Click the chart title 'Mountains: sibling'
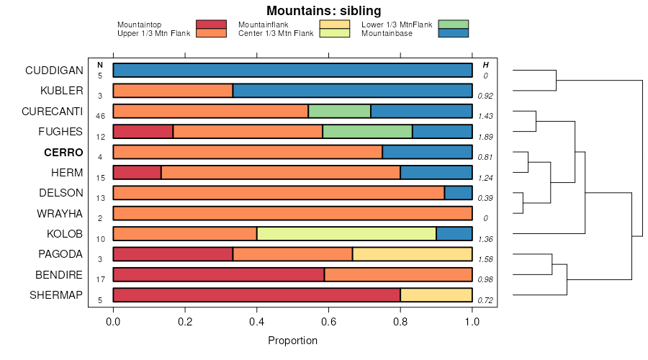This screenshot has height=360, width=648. coord(323,11)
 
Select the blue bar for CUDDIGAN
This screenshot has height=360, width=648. coord(292,71)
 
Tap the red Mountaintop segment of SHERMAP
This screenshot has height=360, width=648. coord(256,295)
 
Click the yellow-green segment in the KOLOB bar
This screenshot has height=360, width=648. coord(346,234)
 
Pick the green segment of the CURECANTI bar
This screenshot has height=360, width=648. coord(339,112)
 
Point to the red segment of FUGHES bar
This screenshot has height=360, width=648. coord(143,132)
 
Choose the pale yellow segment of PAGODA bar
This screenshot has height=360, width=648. coord(412,254)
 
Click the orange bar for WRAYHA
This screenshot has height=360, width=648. coord(292,214)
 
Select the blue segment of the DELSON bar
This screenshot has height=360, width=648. coord(458,193)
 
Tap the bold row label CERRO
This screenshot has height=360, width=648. coord(63,153)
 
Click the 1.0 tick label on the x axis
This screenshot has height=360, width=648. coord(472,322)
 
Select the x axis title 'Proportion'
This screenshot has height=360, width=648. coord(292,341)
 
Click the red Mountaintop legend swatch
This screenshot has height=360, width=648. coord(211,24)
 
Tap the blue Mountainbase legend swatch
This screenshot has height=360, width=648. coord(453,32)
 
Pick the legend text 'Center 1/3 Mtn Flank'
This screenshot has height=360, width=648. coord(276,33)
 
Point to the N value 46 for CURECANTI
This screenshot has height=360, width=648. coord(100,116)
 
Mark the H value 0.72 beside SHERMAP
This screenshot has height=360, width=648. coord(485,300)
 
